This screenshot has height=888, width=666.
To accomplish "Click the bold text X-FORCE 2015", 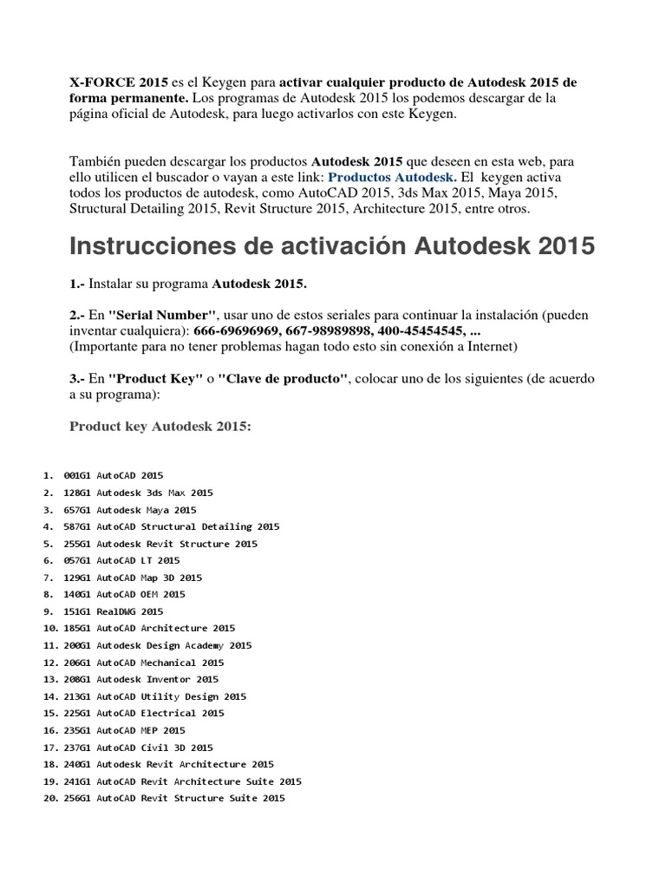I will click(119, 82).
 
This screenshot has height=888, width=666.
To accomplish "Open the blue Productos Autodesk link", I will click(392, 177).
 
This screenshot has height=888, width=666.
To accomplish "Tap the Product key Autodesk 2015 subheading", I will click(160, 426).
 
